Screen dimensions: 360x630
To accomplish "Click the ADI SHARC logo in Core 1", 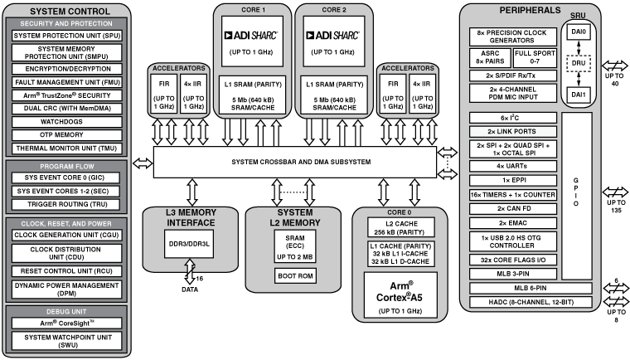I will [x=252, y=36].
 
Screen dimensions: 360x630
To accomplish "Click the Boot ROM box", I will [x=294, y=276].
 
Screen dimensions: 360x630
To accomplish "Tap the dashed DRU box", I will [x=577, y=62].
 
